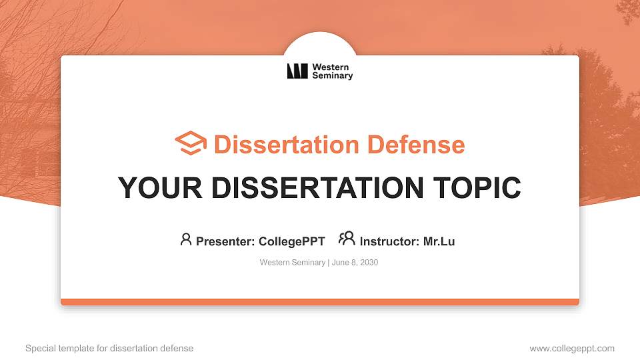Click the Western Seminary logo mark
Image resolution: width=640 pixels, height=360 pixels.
coord(297,71)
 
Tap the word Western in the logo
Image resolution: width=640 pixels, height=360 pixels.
coord(331,67)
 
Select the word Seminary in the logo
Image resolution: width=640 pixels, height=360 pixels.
coord(333,76)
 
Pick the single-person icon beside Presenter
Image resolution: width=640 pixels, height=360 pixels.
coord(186,239)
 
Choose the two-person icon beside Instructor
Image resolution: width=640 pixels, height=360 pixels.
coord(347,239)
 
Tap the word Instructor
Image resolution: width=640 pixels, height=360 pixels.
coord(389,241)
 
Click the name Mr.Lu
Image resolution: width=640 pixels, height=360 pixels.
coord(439,241)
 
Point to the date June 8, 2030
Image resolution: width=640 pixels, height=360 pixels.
coord(355,263)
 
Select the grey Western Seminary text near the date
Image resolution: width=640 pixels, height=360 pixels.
coord(293,263)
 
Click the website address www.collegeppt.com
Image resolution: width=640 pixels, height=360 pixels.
coord(572,348)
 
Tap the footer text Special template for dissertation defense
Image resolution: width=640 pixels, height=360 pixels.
coord(109,348)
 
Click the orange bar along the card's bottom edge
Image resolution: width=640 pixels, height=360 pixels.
coord(320,302)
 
